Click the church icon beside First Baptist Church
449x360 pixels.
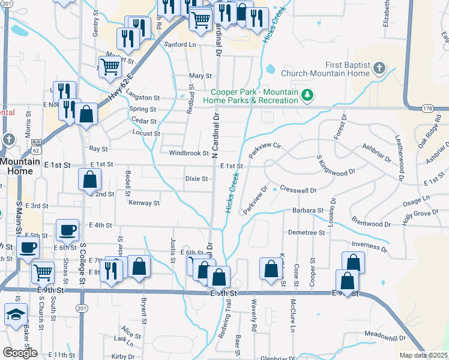379,68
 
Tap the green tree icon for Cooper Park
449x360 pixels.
307,95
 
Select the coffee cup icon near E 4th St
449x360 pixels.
67,230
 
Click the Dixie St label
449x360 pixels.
196,179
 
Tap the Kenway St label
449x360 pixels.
144,203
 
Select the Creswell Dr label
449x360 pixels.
298,190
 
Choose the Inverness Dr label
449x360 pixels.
370,245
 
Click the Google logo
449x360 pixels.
20,352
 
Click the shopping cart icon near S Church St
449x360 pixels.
42,273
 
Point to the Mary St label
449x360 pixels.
200,76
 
